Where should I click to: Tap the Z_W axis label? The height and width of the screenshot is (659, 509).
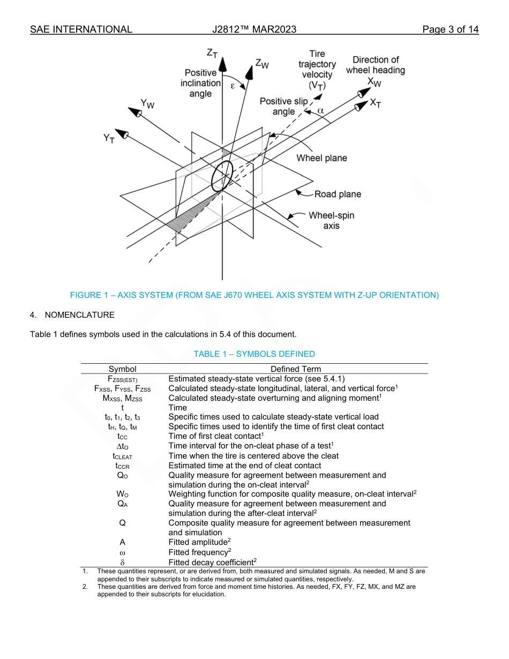[x=262, y=64]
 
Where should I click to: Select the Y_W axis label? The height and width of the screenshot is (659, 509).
[x=147, y=103]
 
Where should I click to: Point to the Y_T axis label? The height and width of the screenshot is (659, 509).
[x=109, y=139]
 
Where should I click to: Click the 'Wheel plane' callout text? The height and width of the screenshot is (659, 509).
[x=321, y=158]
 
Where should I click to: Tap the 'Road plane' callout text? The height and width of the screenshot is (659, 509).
[x=338, y=194]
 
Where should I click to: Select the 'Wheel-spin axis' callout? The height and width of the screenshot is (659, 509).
[x=331, y=220]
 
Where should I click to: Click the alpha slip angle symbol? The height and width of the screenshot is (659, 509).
[x=320, y=110]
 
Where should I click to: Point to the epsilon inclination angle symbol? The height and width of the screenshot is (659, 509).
[x=233, y=85]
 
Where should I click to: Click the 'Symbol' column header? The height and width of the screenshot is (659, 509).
[x=122, y=369]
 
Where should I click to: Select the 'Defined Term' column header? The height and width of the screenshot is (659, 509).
[x=296, y=369]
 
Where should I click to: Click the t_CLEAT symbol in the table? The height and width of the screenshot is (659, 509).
[x=122, y=456]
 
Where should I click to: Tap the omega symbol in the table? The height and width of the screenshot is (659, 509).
[x=122, y=552]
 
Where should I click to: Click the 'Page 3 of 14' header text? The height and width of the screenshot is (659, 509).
[x=450, y=29]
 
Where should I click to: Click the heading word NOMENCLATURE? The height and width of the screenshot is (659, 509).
[x=79, y=314]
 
